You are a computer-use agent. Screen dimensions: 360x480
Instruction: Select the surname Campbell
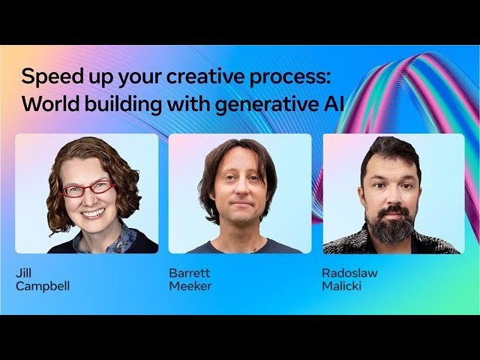click(43, 286)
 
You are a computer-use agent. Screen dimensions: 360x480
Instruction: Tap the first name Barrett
click(189, 273)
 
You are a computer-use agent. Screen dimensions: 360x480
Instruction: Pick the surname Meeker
click(190, 286)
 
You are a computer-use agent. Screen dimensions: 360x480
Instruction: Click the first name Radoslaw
click(350, 273)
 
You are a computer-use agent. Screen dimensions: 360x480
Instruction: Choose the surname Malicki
click(341, 286)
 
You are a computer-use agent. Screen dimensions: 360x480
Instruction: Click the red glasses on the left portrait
click(87, 189)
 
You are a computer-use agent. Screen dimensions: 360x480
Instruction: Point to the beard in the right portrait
click(391, 225)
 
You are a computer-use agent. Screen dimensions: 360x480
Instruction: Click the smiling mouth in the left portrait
click(92, 212)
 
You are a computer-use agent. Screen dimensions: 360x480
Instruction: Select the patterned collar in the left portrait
click(112, 240)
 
